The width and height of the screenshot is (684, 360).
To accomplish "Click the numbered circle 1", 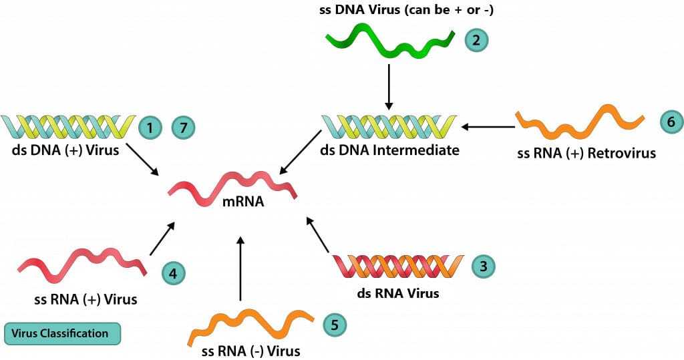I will tap(150, 127).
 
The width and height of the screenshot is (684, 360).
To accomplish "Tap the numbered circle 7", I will tap(184, 127).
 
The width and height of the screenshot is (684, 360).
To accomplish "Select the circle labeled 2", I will tap(476, 39).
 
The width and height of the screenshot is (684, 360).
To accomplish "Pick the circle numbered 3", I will tap(483, 266).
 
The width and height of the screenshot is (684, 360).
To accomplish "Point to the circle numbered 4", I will tap(173, 273).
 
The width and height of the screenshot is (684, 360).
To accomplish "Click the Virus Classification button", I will tap(62, 333).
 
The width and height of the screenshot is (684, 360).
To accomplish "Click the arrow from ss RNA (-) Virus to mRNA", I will tap(241, 271).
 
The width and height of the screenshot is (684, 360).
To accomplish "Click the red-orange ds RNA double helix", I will tap(397, 266).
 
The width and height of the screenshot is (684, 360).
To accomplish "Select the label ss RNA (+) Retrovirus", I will tap(586, 154).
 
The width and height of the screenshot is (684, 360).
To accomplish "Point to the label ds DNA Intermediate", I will tap(390, 150).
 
